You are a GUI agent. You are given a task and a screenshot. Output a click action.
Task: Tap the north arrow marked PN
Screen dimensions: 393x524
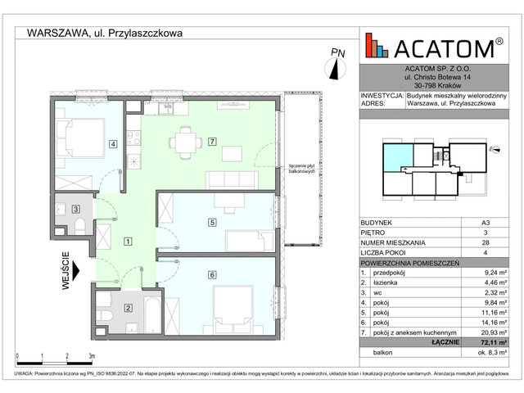click(336, 61)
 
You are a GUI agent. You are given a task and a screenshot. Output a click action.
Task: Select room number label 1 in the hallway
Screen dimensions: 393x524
click(128, 242)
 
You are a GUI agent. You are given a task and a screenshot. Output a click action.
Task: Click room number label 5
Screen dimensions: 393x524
click(211, 222)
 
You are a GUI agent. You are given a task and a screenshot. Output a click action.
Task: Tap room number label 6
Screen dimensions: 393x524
click(211, 274)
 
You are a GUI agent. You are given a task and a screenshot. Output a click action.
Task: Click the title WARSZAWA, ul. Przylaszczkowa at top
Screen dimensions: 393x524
click(105, 34)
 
